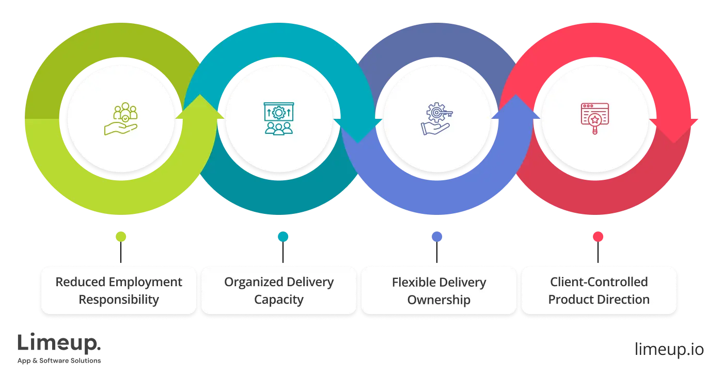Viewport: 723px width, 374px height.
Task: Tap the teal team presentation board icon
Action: (279, 119)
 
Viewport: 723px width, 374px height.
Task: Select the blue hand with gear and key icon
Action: (437, 119)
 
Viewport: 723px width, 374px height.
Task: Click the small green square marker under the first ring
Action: (121, 237)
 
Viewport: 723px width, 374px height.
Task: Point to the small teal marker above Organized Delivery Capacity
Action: (283, 237)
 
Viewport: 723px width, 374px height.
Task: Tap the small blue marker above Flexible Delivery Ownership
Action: (437, 237)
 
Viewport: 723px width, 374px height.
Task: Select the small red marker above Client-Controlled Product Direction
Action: (598, 237)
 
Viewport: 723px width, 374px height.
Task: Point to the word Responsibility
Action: (119, 300)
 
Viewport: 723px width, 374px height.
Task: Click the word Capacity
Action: (279, 300)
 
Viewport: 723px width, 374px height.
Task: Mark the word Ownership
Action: (439, 300)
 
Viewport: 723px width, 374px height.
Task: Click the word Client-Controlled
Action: (599, 282)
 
